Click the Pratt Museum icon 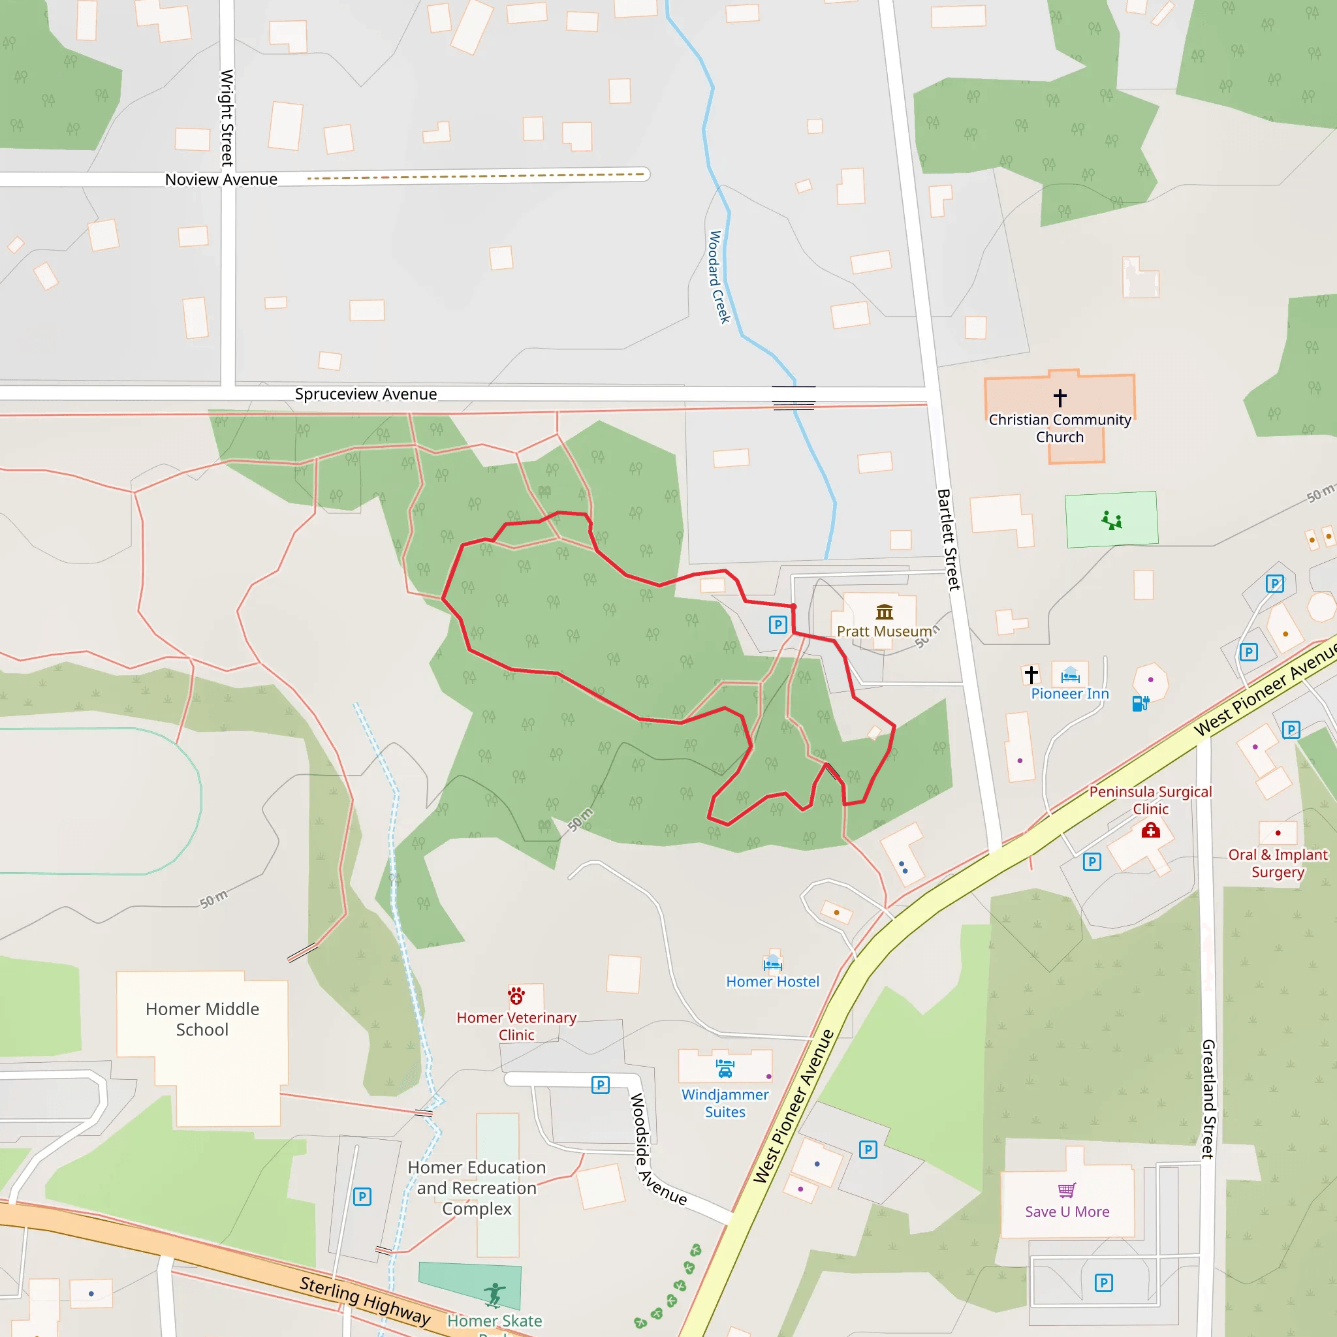[x=885, y=612]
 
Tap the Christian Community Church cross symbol [x=1060, y=398]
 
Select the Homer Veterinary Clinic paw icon [x=516, y=996]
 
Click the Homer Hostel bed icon [x=772, y=963]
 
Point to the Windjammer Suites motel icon [x=725, y=1069]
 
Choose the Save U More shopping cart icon [x=1067, y=1189]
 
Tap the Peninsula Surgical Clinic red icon [x=1150, y=830]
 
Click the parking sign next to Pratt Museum [x=778, y=625]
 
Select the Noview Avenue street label [x=221, y=180]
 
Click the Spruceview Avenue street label [x=366, y=394]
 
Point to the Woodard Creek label [x=719, y=277]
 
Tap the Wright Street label [x=227, y=118]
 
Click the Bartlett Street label [x=948, y=539]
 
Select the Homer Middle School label [x=202, y=1018]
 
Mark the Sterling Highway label [x=365, y=1300]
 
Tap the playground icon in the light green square [x=1111, y=520]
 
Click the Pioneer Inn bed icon [x=1070, y=675]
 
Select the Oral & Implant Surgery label [x=1278, y=863]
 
